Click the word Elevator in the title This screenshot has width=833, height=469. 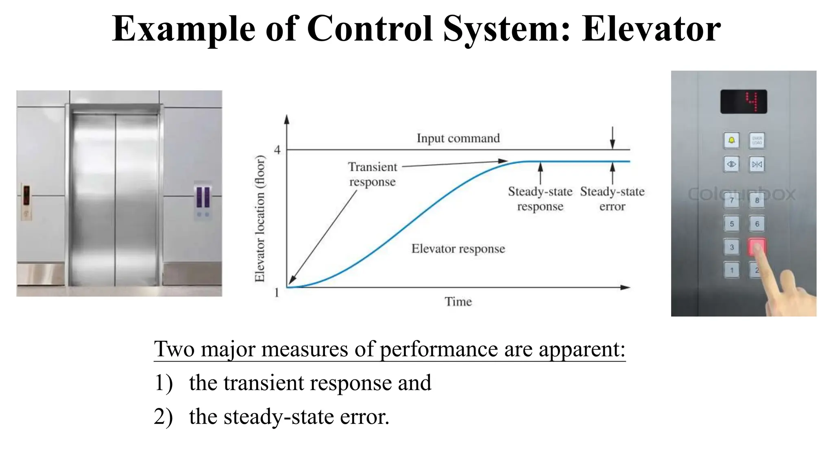coord(651,28)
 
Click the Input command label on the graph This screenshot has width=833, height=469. coord(458,138)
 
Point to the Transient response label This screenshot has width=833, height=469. coord(372,174)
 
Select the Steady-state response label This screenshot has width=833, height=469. coord(540,199)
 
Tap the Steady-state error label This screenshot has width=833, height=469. coord(612,199)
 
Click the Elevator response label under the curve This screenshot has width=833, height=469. coord(458,249)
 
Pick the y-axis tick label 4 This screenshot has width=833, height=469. coord(277,150)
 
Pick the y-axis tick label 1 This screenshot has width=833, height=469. coord(277,292)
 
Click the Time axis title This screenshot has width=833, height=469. coord(458,302)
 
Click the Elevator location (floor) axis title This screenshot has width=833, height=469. coord(259,219)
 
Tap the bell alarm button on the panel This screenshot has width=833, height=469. coord(731,140)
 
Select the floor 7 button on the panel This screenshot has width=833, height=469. coord(731,200)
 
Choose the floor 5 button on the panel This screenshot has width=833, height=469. coord(731,224)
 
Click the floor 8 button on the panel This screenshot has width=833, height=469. coord(757,200)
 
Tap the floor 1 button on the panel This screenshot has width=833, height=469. coord(731,270)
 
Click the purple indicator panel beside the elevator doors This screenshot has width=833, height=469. coord(203,197)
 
